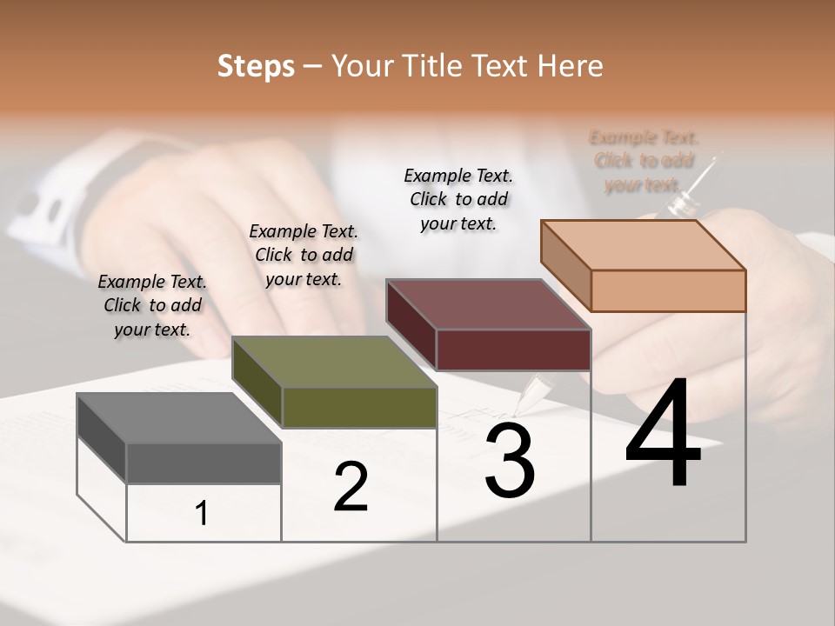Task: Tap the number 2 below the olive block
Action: click(351, 487)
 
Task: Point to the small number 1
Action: click(202, 514)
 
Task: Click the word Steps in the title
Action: click(256, 66)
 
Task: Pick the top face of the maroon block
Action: click(488, 304)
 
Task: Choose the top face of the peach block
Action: click(643, 245)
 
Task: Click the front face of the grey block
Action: click(204, 463)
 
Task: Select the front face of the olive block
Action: click(359, 407)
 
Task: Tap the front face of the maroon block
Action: click(513, 350)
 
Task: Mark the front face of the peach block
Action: click(668, 290)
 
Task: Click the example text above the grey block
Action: click(152, 305)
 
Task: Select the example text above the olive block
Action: click(304, 255)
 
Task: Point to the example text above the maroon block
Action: click(458, 199)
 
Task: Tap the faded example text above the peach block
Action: click(644, 161)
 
